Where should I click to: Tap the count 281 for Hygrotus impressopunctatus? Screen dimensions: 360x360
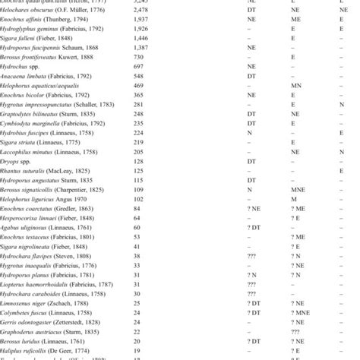[x=160, y=128]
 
